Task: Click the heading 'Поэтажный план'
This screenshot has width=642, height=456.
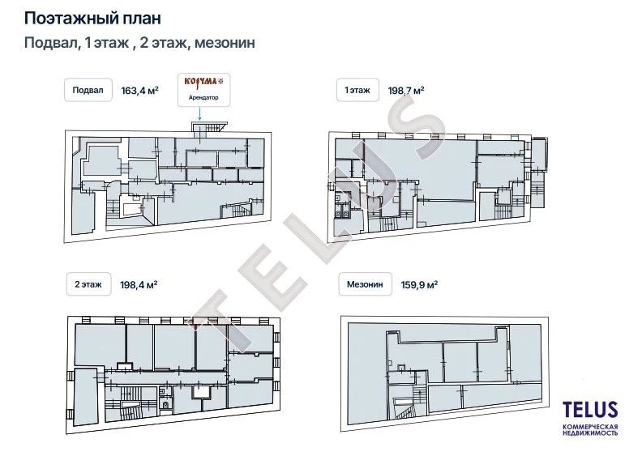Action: tap(92, 18)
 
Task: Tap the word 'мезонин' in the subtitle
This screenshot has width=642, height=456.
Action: tap(225, 43)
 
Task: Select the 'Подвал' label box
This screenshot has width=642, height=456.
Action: tap(88, 90)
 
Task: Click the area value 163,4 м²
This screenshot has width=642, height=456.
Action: tap(139, 91)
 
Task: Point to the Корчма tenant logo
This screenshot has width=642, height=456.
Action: tap(203, 82)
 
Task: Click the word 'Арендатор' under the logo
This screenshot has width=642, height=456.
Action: tap(203, 98)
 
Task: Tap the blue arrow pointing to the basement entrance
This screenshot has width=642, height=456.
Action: tap(199, 113)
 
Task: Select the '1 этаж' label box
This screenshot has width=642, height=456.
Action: tap(357, 90)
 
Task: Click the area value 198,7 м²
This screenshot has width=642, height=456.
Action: tap(406, 91)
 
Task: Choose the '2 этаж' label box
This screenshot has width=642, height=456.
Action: tap(88, 284)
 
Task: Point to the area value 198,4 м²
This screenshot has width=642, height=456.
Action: tap(139, 284)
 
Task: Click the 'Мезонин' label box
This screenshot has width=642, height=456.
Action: tap(365, 284)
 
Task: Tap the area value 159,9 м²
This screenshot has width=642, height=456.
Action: tap(419, 284)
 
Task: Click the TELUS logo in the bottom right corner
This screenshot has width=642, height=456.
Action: tap(590, 409)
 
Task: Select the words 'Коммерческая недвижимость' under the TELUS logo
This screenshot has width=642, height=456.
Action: tap(590, 430)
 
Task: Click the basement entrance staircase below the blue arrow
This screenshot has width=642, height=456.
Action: tap(209, 127)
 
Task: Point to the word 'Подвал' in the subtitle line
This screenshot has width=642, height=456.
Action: tap(51, 43)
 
